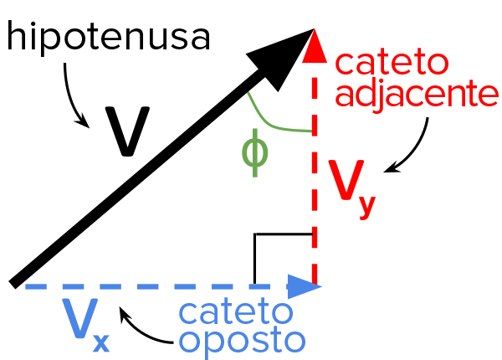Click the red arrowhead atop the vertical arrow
tap(314, 45)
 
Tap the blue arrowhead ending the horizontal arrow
tap(303, 286)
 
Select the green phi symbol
tap(254, 156)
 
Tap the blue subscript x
tap(100, 341)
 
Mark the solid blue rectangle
tap(241, 328)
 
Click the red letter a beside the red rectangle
tap(341, 95)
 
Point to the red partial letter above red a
tap(341, 64)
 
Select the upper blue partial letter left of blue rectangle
tap(183, 312)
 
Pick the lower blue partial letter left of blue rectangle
tap(183, 341)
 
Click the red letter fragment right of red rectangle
tap(493, 94)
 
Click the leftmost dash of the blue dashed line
tap(34, 287)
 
